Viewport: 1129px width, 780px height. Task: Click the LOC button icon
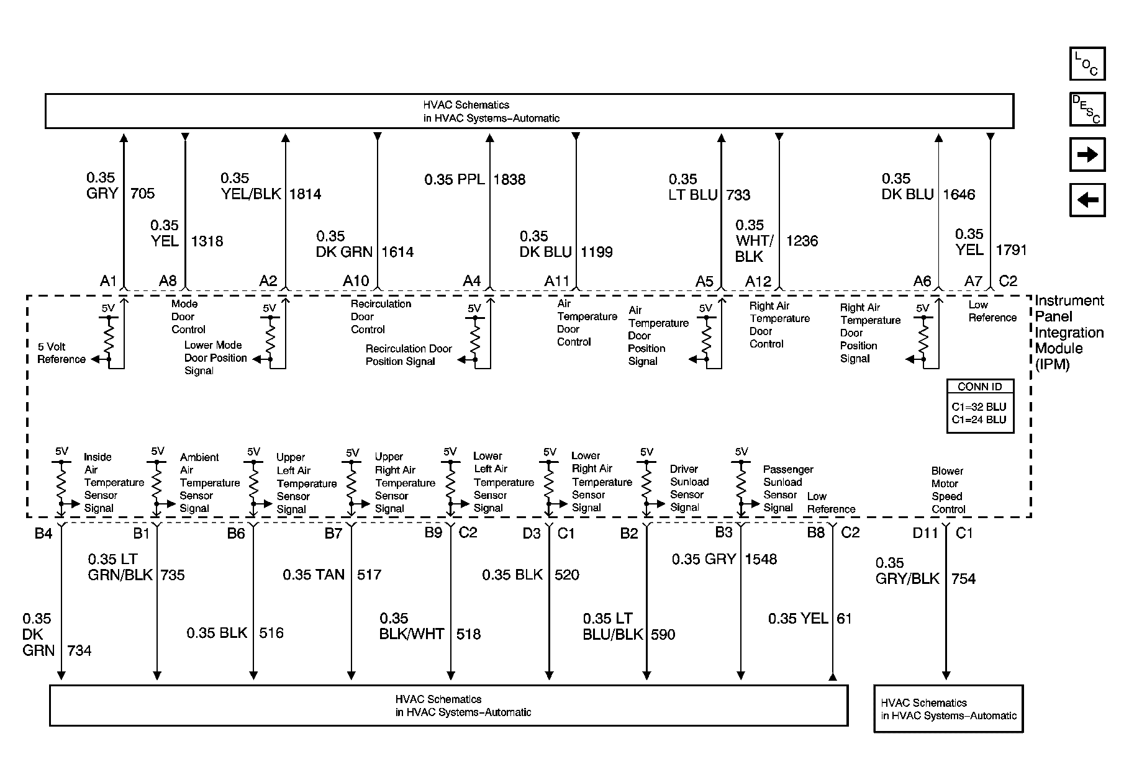1087,64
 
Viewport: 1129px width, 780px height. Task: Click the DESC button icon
1087,109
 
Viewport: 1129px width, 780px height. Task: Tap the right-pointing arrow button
1087,155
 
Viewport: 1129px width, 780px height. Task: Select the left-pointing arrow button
1087,200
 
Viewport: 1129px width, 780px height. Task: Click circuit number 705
142,194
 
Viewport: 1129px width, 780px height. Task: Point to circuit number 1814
305,194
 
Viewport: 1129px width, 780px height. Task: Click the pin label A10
356,281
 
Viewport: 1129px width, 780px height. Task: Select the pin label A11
557,281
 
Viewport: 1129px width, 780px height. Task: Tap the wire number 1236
802,241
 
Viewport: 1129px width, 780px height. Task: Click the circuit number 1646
959,194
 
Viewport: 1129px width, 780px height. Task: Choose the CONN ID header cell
980,387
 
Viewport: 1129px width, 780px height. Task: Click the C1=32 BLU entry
979,407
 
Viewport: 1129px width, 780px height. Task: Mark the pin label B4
43,533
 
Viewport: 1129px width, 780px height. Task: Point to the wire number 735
173,575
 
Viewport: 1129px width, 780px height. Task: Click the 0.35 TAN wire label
314,575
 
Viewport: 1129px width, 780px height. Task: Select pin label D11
925,533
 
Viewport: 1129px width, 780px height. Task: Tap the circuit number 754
963,579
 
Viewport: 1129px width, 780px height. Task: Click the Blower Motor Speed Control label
948,490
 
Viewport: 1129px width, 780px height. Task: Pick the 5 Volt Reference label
61,353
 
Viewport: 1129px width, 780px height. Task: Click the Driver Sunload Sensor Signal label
688,488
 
